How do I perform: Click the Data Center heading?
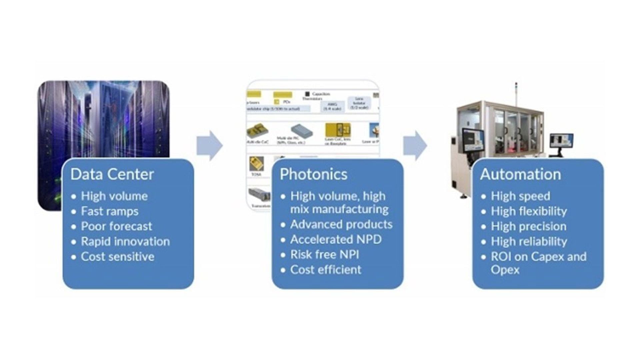pos(112,174)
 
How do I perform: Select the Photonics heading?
pos(313,174)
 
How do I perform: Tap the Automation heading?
pos(520,174)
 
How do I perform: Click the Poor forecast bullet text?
pos(116,226)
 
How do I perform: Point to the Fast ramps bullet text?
pos(110,211)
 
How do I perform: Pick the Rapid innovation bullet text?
pos(125,241)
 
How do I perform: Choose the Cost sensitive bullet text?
pos(118,257)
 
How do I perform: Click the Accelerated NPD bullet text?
pos(336,239)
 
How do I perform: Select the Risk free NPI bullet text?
pos(324,255)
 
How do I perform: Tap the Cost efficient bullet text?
pos(326,270)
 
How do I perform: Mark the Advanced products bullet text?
pos(341,224)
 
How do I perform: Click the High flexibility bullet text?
pos(529,211)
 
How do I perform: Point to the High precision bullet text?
pos(528,226)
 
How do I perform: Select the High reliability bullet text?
pos(529,241)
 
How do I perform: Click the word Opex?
pos(505,270)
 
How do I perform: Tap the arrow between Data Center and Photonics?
pos(209,146)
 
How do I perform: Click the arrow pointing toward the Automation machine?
pos(415,146)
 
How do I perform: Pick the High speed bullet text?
pos(520,196)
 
